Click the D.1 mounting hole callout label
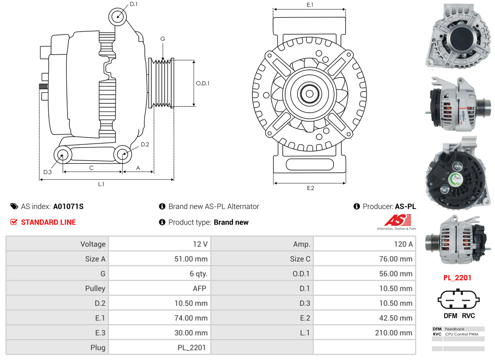133,4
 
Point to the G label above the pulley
163,39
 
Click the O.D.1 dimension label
202,83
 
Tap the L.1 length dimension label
101,184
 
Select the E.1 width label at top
310,5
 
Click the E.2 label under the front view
310,188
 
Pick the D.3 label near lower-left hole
47,172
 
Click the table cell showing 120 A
403,244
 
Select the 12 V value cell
200,244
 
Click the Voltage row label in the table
93,244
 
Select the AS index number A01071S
68,207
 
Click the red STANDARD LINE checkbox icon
14,222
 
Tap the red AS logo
397,220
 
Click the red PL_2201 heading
457,278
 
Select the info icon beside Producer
357,207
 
